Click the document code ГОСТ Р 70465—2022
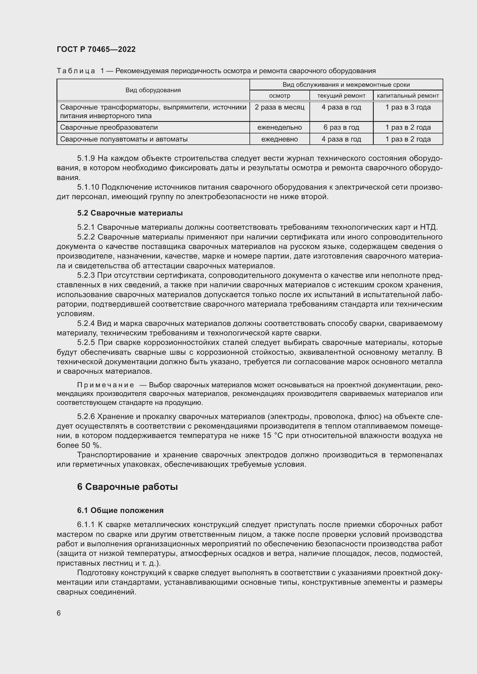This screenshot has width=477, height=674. click(96, 49)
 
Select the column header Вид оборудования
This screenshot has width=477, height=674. click(153, 90)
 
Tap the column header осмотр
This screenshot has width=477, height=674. click(279, 96)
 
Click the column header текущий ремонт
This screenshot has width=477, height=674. click(341, 96)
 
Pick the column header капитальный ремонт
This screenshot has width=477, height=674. click(408, 96)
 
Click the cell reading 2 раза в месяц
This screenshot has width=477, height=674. click(279, 107)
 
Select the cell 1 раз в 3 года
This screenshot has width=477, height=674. click(408, 107)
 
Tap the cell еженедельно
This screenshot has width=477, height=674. click(279, 127)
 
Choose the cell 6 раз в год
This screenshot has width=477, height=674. click(341, 127)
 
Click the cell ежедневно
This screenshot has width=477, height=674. click(279, 139)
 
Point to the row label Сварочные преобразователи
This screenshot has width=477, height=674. click(109, 127)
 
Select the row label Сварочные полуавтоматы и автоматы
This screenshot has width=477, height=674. click(124, 139)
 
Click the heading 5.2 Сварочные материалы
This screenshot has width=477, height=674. click(130, 213)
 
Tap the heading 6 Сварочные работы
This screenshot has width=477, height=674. click(127, 487)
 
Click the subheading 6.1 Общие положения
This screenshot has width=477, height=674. click(120, 511)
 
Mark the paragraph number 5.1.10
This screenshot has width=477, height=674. click(88, 187)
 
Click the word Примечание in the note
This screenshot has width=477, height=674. click(106, 385)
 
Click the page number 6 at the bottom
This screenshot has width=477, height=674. click(59, 613)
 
